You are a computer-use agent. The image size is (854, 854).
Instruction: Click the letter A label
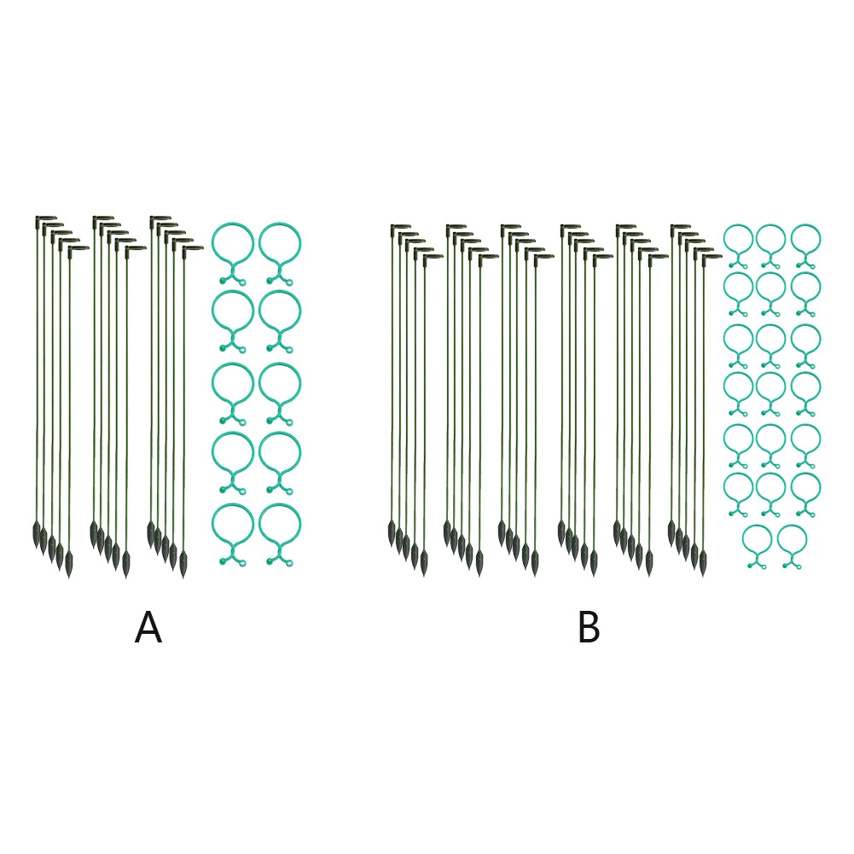(148, 630)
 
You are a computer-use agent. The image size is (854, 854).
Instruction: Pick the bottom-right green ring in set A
(280, 526)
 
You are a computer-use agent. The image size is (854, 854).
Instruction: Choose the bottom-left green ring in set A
(232, 526)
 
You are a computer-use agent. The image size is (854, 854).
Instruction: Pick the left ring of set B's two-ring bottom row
(757, 541)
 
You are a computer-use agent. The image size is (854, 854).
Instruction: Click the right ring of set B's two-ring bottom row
(792, 541)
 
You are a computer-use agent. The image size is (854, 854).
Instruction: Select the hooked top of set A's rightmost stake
(194, 248)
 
